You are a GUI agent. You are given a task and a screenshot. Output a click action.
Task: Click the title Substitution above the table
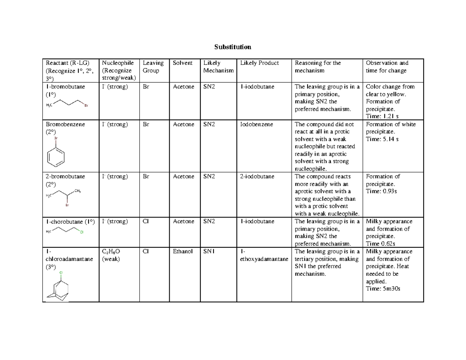click(x=233, y=47)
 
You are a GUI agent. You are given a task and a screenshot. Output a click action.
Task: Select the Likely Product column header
click(x=259, y=63)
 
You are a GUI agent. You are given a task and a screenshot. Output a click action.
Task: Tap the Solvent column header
click(x=183, y=63)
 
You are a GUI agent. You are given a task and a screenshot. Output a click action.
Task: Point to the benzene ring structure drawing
click(x=56, y=157)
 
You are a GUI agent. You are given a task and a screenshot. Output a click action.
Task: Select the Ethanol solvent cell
click(x=183, y=252)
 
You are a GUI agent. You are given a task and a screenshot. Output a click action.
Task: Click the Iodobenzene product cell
click(x=256, y=125)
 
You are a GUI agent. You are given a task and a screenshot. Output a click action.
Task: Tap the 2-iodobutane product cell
click(x=257, y=176)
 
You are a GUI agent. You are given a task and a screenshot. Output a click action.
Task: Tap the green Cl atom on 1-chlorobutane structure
click(x=82, y=232)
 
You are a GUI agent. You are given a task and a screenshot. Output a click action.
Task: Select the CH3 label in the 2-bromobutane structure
click(x=77, y=191)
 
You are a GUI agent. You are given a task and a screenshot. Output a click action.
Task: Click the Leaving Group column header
click(x=153, y=66)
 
